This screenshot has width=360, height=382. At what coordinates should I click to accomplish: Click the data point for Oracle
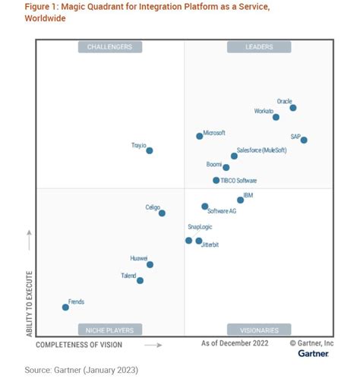click(x=293, y=108)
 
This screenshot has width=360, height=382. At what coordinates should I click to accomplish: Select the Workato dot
click(x=276, y=117)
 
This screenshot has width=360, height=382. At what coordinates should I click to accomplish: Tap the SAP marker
click(x=304, y=140)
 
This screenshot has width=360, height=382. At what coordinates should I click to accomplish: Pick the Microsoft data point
click(x=200, y=136)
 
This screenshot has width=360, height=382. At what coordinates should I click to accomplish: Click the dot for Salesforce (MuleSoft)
click(x=234, y=156)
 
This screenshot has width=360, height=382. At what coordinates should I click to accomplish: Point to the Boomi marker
click(x=226, y=167)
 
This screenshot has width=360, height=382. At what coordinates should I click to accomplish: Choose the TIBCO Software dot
click(x=216, y=181)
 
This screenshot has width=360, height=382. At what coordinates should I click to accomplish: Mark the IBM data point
click(x=241, y=200)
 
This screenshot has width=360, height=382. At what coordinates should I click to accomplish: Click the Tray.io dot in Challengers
click(x=150, y=150)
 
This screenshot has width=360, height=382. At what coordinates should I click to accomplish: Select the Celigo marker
click(x=163, y=213)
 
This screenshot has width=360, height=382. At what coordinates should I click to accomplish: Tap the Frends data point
click(x=65, y=307)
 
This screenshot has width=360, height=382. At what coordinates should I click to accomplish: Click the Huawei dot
click(x=150, y=264)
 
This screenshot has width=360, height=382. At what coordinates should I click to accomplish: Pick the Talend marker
click(x=140, y=280)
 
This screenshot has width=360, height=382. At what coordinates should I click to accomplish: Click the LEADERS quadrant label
click(x=259, y=47)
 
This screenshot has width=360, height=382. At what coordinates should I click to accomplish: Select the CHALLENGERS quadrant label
click(x=109, y=47)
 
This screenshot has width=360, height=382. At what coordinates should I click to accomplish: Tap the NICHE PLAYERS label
click(x=109, y=330)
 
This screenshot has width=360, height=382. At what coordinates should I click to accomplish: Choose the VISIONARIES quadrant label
click(x=259, y=330)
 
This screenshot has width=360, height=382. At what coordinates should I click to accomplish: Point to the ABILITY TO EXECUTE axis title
click(x=30, y=304)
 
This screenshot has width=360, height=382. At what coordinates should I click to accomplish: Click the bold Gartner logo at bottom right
click(x=313, y=353)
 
